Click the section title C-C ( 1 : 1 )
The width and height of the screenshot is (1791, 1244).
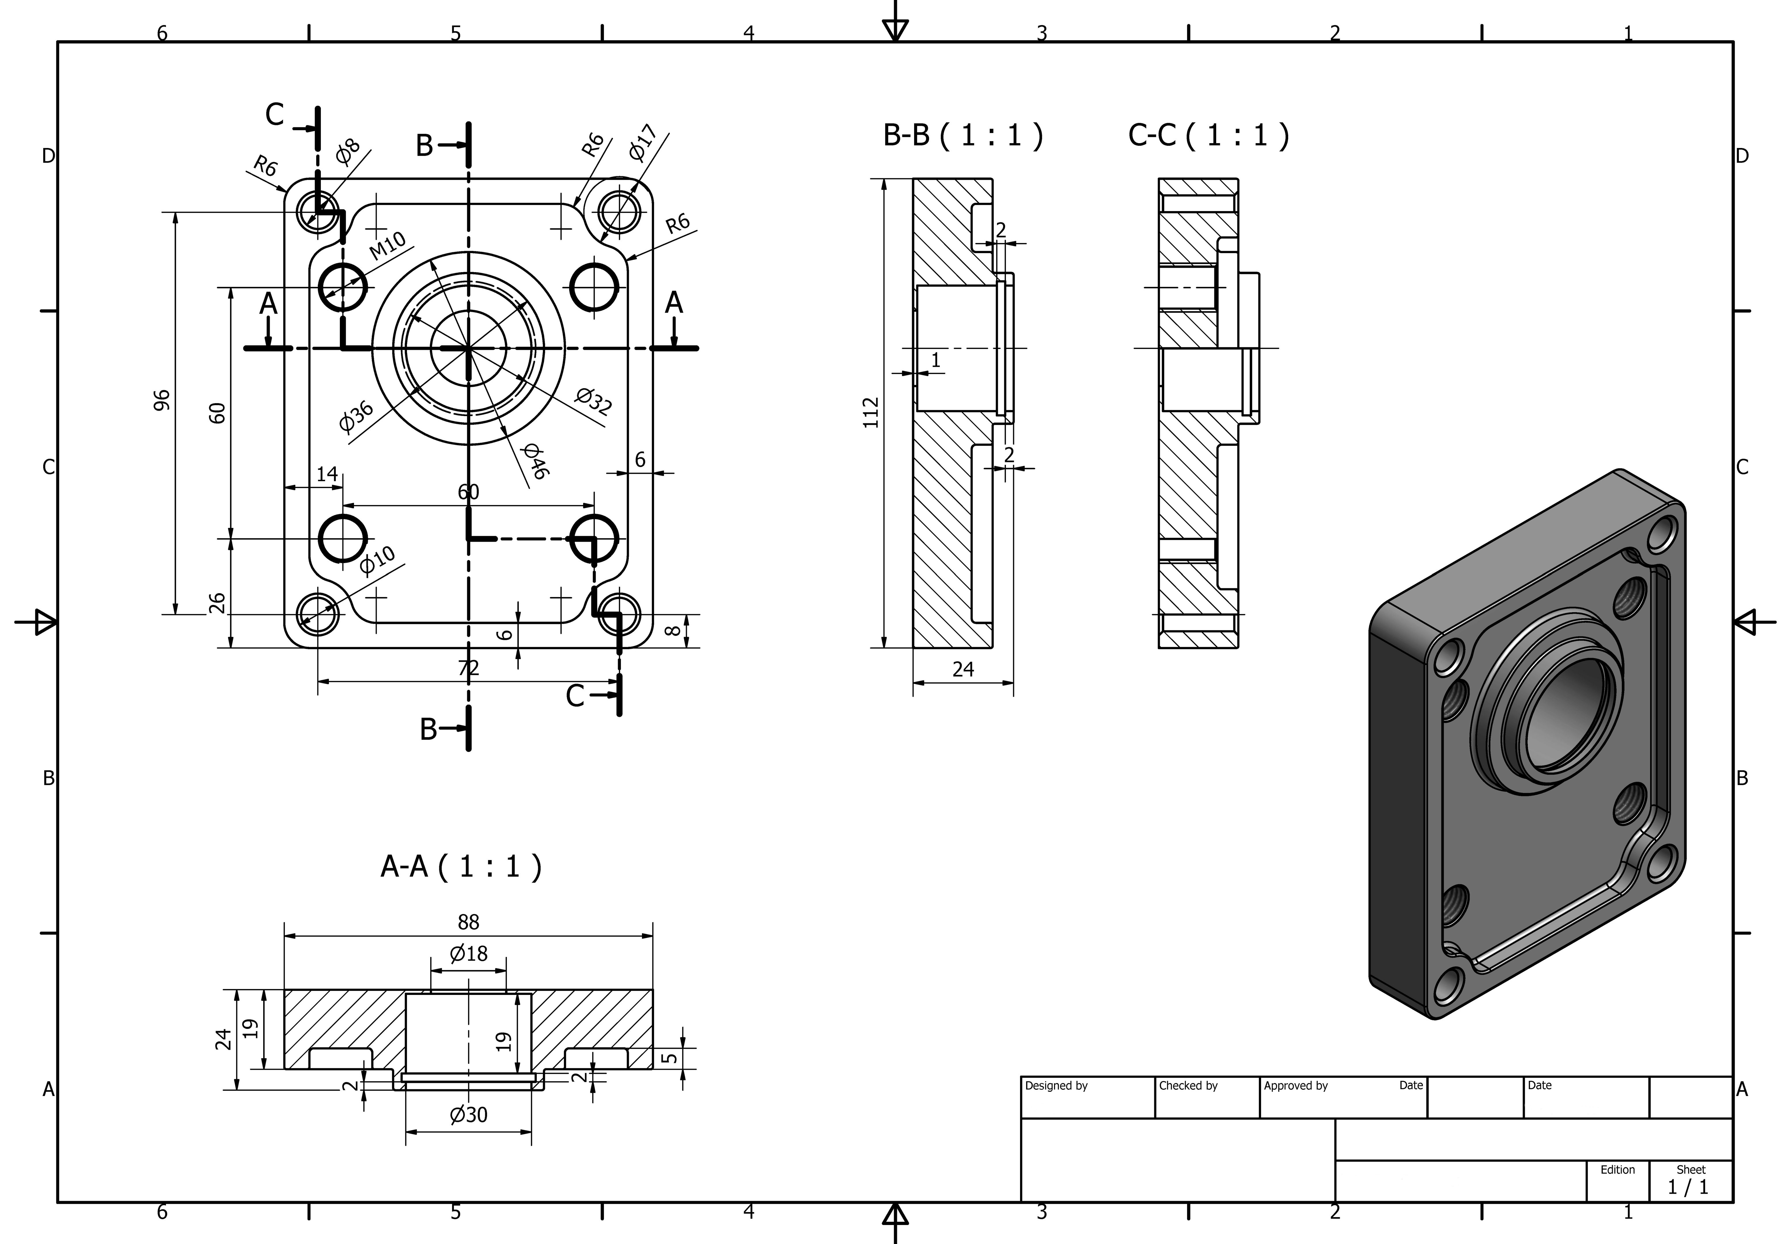pos(1208,136)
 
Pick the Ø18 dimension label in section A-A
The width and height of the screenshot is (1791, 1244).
pos(468,953)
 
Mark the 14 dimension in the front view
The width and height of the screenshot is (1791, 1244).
pos(327,474)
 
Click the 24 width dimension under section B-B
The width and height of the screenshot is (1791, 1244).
pos(963,669)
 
